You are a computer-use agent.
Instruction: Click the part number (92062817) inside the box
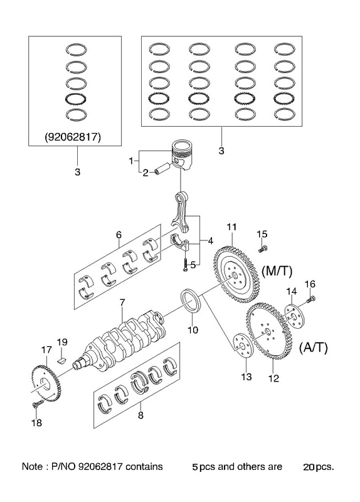(73, 137)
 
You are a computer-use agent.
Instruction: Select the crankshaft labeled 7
(123, 343)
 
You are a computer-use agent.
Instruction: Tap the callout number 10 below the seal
(193, 329)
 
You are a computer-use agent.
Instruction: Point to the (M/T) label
(277, 272)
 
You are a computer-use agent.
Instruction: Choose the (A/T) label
(314, 348)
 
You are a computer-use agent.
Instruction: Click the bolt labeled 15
(263, 248)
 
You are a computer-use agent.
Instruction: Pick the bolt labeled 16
(311, 300)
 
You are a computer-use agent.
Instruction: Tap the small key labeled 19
(61, 360)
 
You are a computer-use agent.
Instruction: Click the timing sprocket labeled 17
(46, 382)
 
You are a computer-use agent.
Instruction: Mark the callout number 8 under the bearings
(140, 415)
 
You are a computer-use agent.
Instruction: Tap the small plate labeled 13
(243, 346)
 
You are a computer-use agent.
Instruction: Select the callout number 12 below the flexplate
(273, 378)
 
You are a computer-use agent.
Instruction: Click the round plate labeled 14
(295, 316)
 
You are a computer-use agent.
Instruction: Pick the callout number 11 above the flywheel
(231, 227)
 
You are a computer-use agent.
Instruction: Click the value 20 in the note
(309, 467)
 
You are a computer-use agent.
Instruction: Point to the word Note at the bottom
(32, 466)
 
